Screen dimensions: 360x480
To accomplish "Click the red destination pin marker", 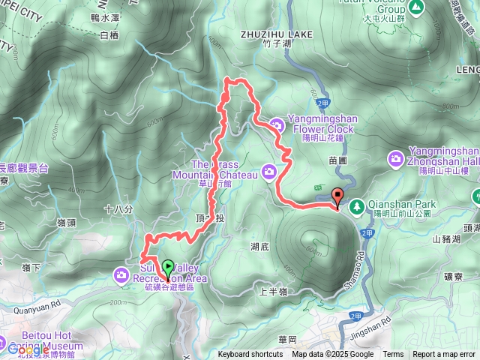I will (337, 197).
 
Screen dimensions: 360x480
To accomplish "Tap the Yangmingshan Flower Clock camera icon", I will (277, 124).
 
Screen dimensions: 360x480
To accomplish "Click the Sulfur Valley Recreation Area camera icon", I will (121, 275).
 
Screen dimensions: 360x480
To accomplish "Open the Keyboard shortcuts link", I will (250, 355).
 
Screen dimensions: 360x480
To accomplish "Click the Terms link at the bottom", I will (393, 355).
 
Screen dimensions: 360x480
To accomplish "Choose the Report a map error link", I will (445, 355).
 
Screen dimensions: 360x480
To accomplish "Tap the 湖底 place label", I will (259, 245).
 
